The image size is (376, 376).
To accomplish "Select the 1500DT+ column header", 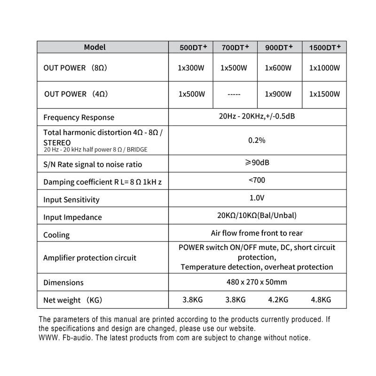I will click(x=325, y=47).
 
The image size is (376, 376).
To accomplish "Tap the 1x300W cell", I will click(x=191, y=68).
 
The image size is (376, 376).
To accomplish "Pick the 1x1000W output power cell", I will click(x=324, y=68).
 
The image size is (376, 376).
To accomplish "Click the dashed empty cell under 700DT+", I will click(x=234, y=94).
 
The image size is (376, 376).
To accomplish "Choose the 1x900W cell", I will click(x=278, y=94).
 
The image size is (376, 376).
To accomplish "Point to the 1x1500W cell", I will click(x=324, y=94).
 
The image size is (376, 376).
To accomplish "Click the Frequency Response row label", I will click(x=78, y=117).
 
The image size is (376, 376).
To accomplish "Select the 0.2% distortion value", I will click(x=257, y=140).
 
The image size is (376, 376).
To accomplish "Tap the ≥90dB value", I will click(x=257, y=163).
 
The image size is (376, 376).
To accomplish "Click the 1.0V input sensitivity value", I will click(x=257, y=198).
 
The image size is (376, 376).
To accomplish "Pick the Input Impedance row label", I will click(x=72, y=218).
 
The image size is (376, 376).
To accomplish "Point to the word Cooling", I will click(x=56, y=235).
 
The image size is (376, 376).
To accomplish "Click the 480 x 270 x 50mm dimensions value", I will click(x=257, y=282).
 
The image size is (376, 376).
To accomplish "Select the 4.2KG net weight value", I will click(x=278, y=299).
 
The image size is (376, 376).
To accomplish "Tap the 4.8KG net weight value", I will click(x=321, y=299).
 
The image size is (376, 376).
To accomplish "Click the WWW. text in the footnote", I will click(x=47, y=337).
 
